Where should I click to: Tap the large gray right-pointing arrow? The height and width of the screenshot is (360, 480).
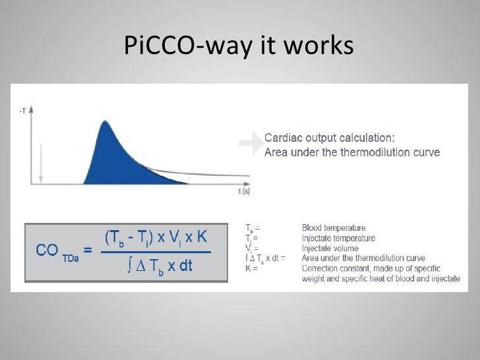(250, 144)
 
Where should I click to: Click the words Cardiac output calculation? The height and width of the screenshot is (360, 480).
(330, 138)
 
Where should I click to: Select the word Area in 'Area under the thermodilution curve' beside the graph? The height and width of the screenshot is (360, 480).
(277, 153)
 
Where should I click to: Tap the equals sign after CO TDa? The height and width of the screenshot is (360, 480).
(88, 251)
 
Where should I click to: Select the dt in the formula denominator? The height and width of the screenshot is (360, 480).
(184, 267)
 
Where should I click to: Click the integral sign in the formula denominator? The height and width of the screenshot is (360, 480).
(130, 267)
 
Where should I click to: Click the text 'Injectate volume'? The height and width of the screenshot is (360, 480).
(330, 249)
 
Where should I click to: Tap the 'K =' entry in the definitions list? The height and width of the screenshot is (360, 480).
(251, 268)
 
